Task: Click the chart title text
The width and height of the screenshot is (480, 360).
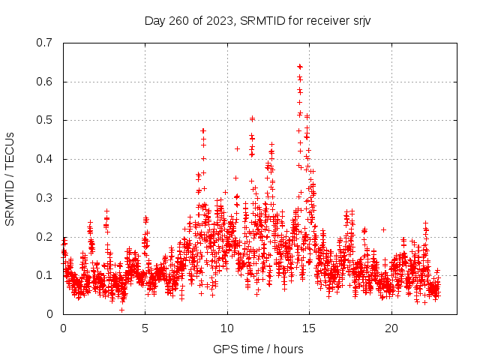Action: pos(257,20)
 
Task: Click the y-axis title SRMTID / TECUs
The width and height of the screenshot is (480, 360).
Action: pos(10,178)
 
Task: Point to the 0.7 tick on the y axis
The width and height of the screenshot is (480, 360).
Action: pos(44,43)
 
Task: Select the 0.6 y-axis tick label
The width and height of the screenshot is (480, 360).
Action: pos(44,82)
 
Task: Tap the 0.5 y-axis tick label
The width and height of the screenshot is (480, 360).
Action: pos(44,120)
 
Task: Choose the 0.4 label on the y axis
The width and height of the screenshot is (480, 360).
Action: pos(44,159)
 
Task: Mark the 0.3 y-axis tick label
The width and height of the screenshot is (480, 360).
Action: pos(44,198)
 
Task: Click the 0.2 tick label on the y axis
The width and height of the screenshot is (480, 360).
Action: pos(44,237)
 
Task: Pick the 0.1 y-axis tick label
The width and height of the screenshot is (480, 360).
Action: pos(44,275)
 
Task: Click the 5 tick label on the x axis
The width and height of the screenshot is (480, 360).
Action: pos(145,328)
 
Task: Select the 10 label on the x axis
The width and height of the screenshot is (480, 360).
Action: pos(227,328)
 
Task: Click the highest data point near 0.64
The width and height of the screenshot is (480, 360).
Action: pos(300,67)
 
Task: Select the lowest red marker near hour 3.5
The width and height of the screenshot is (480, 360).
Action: pos(121,310)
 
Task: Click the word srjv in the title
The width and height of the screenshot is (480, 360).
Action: pos(360,20)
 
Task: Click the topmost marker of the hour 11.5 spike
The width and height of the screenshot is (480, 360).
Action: pos(253,118)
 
